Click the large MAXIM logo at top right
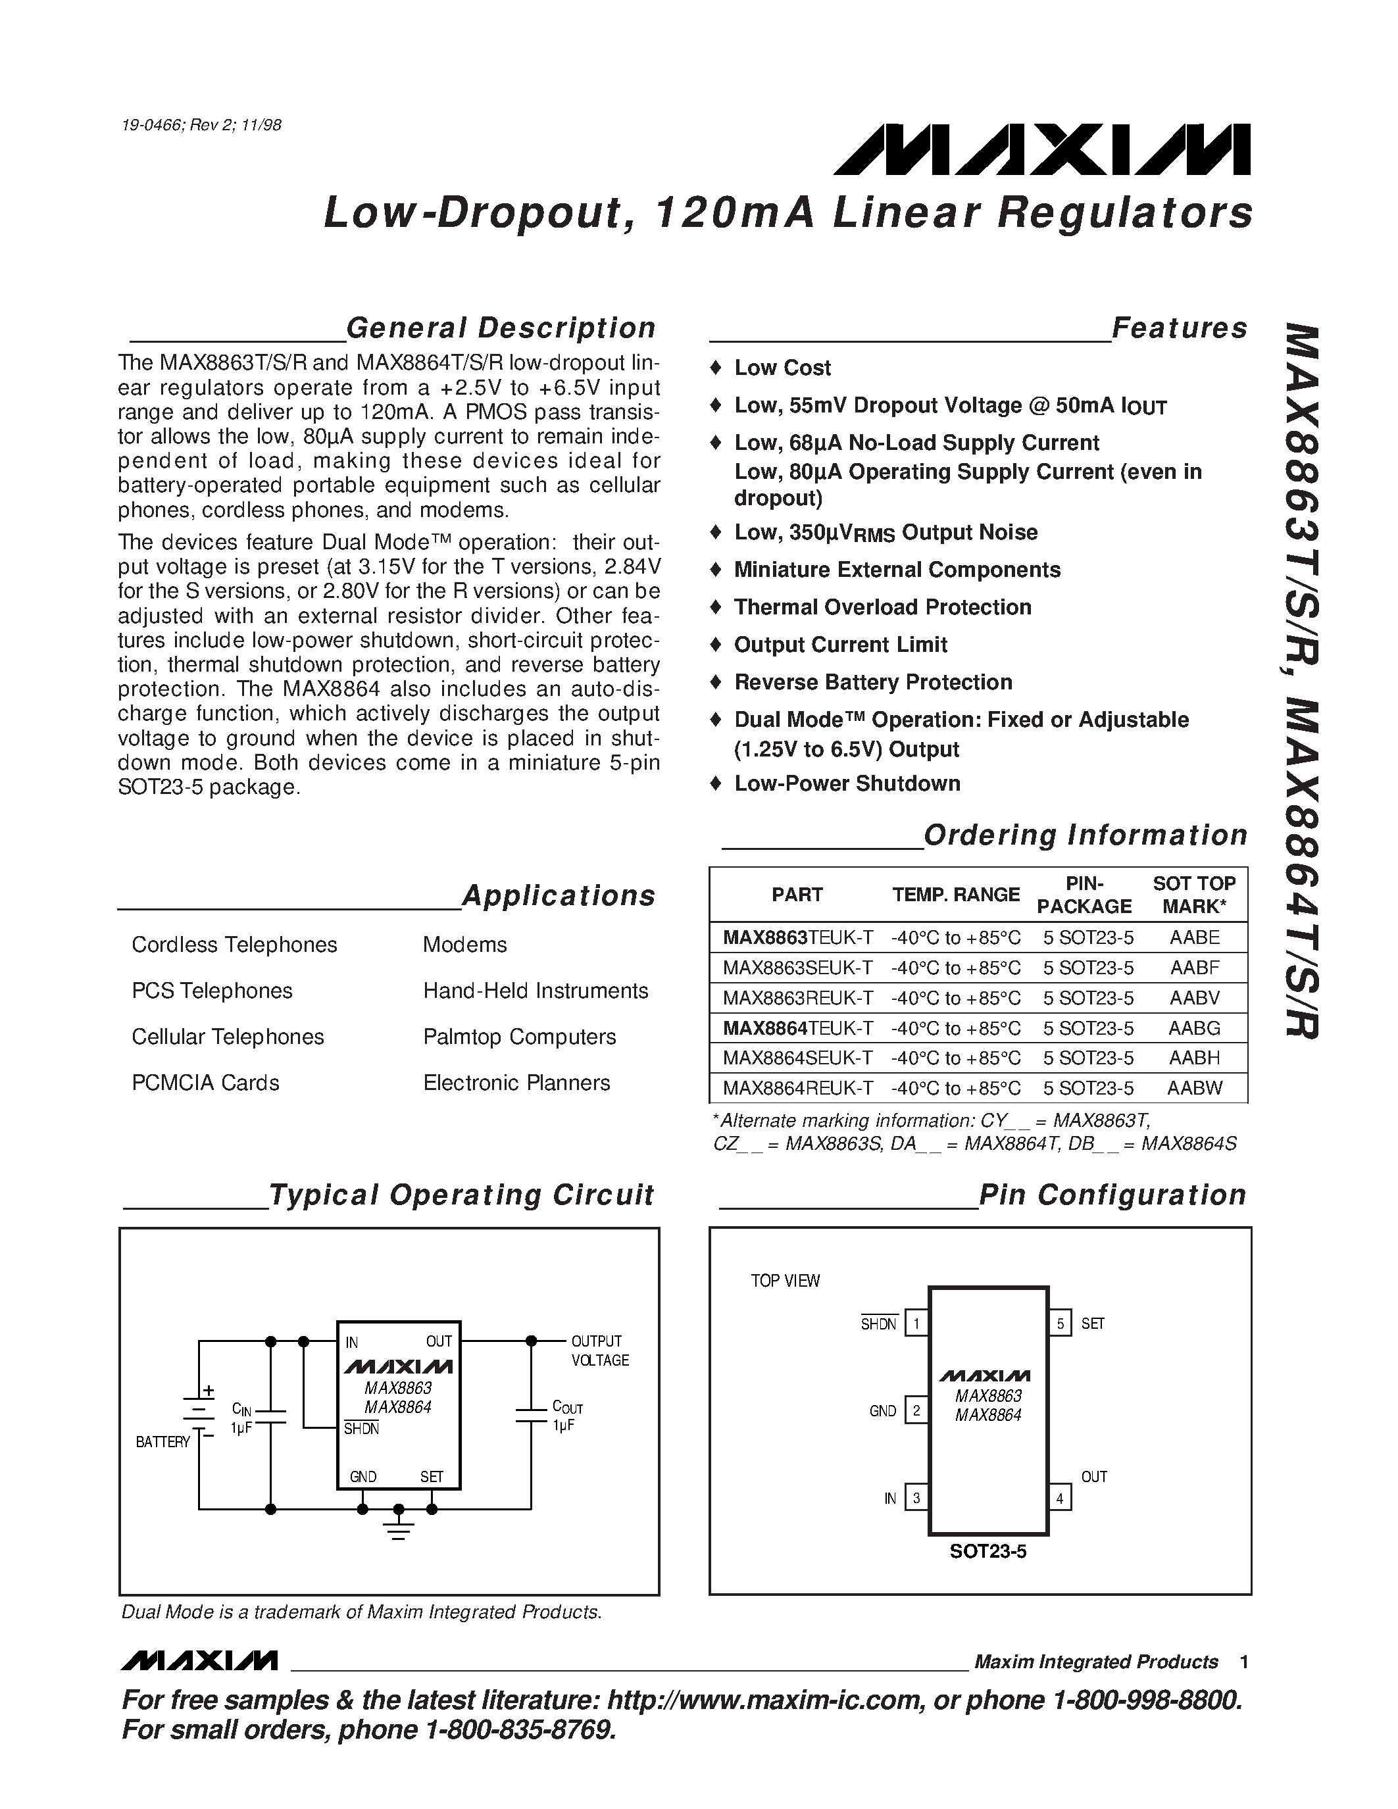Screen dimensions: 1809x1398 1042,151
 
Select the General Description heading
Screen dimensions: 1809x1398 500,328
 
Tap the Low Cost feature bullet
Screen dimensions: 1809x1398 782,368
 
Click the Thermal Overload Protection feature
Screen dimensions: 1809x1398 882,607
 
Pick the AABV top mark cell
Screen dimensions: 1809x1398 1194,997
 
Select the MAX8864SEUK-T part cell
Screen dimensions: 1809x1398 797,1058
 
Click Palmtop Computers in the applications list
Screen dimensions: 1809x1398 519,1037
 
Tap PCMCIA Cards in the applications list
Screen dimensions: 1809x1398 205,1083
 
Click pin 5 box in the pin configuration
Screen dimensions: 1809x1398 1059,1324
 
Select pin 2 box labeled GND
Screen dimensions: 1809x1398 916,1410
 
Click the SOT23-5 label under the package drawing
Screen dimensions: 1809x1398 987,1551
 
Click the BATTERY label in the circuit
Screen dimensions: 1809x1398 163,1442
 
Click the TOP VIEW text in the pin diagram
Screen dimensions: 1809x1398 784,1281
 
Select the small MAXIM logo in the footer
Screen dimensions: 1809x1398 199,1662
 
